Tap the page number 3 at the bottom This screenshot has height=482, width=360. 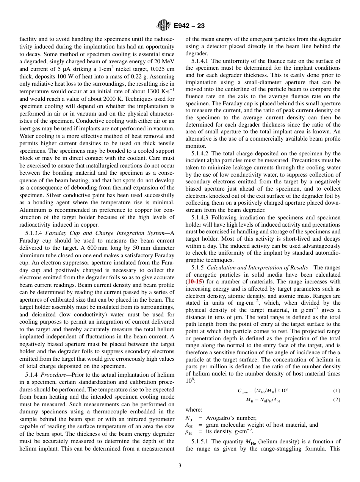(180, 466)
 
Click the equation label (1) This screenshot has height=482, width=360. (337, 391)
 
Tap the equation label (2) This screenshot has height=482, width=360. (337, 400)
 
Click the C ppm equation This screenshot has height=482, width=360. (263, 391)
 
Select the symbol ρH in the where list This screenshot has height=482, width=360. (189, 432)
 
